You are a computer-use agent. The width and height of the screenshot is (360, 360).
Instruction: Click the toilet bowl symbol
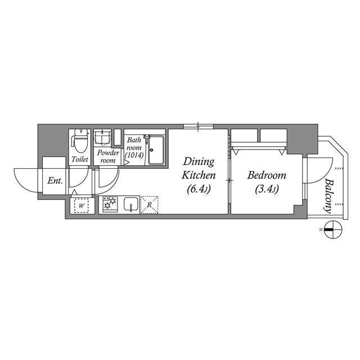[x=80, y=141]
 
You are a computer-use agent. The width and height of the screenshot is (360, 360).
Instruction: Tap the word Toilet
[x=80, y=160]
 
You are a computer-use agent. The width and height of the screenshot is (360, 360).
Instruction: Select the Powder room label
[x=107, y=156]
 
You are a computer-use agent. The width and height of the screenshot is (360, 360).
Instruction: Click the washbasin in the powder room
[x=102, y=137]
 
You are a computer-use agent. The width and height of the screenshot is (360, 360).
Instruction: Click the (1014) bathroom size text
[x=134, y=156]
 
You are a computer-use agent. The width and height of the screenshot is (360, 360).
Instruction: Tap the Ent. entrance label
[x=55, y=181]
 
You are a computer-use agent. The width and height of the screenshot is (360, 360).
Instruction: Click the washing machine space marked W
[x=82, y=205]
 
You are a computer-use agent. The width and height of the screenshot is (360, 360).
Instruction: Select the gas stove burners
[x=109, y=205]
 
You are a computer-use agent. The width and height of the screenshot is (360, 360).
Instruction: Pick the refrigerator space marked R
[x=149, y=205]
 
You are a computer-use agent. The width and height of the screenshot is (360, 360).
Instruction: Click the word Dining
[x=197, y=162]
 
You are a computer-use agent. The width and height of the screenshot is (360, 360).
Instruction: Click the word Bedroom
[x=267, y=175]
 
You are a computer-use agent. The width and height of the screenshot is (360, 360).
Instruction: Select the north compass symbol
[x=332, y=229]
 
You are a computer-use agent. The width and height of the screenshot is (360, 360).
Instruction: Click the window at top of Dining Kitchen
[x=198, y=125]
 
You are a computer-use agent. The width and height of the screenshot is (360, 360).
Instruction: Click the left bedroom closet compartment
[x=244, y=136]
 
